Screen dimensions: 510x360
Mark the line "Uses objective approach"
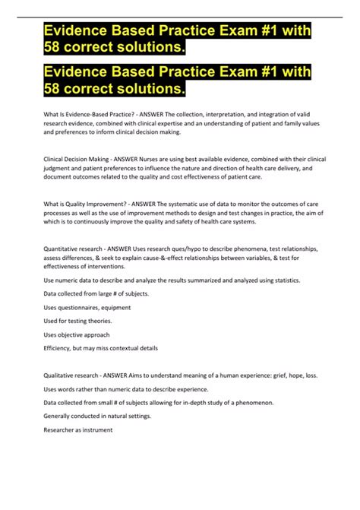pos(77,334)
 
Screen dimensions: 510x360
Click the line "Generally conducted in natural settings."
pos(96,416)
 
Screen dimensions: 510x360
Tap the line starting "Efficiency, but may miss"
pos(100,348)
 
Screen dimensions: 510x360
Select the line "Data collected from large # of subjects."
pos(101,293)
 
